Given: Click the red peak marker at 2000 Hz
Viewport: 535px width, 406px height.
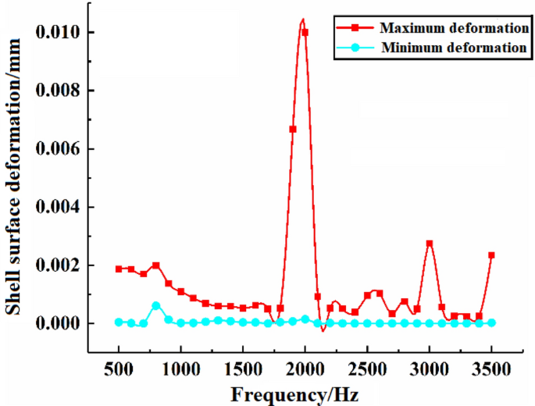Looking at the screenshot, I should click(x=305, y=33).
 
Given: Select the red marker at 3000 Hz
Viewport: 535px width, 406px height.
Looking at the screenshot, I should click(x=429, y=244).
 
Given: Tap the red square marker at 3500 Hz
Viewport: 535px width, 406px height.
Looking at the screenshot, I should click(x=491, y=255).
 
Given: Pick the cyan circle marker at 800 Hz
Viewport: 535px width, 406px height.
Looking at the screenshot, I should click(x=156, y=305).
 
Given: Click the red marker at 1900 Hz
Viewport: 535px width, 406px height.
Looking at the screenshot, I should click(x=293, y=129).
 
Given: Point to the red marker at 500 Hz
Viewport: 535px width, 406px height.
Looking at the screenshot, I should click(x=119, y=269).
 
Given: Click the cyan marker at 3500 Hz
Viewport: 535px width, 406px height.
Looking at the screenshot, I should click(x=491, y=322).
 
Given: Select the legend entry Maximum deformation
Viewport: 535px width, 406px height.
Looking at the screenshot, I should click(x=453, y=28).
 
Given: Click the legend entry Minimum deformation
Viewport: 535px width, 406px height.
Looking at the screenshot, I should click(x=453, y=48).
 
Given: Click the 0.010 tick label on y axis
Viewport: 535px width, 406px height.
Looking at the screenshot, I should click(x=64, y=32).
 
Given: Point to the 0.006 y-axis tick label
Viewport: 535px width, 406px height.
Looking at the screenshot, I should click(x=64, y=148).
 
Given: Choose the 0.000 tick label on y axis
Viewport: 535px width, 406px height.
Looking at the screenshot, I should click(x=64, y=323).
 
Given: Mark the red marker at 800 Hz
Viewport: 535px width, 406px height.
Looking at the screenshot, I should click(x=156, y=265).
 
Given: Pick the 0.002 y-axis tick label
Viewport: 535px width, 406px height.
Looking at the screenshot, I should click(x=64, y=265).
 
